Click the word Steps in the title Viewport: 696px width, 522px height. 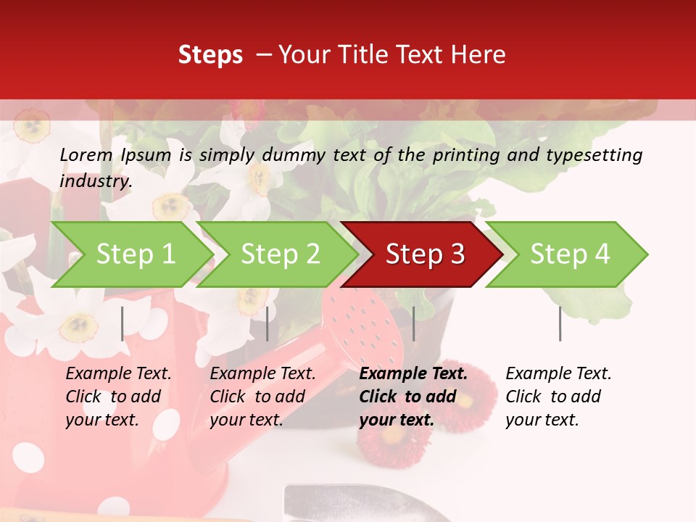click(x=210, y=55)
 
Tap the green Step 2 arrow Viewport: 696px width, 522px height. click(x=280, y=254)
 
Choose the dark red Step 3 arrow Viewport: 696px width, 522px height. click(x=425, y=254)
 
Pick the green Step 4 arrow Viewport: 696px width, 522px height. click(x=570, y=254)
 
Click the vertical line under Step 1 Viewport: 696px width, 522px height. click(x=123, y=323)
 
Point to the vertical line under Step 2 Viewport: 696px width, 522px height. click(x=268, y=323)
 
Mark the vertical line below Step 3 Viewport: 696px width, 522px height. click(x=413, y=323)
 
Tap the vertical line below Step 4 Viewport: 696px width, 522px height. click(x=560, y=323)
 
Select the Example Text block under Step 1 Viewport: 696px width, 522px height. click(x=118, y=396)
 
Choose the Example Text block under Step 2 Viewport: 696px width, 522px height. click(x=262, y=396)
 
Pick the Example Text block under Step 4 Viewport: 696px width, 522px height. click(x=558, y=396)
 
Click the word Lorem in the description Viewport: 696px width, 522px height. click(x=86, y=154)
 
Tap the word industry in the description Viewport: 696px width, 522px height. click(x=96, y=181)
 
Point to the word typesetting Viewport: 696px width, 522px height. click(x=594, y=154)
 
